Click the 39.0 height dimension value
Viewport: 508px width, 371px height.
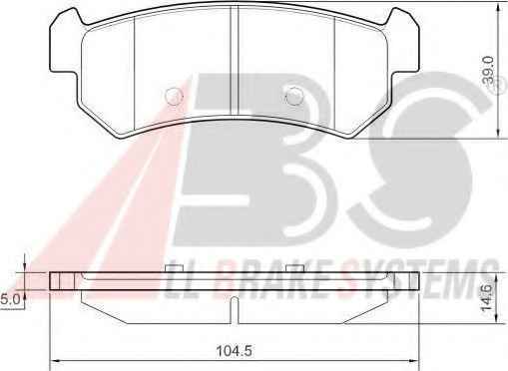pyautogui.click(x=489, y=70)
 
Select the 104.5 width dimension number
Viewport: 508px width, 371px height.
pyautogui.click(x=234, y=351)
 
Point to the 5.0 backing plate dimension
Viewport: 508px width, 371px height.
pyautogui.click(x=10, y=299)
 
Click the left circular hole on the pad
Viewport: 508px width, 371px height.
pyautogui.click(x=174, y=96)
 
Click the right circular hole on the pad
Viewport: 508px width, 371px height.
pyautogui.click(x=294, y=96)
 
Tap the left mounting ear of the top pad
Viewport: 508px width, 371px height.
pyautogui.click(x=65, y=42)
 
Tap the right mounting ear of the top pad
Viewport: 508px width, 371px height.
pyautogui.click(x=403, y=42)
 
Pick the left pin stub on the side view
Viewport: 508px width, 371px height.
pyautogui.click(x=174, y=268)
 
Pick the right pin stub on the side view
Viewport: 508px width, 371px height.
pyautogui.click(x=295, y=268)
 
